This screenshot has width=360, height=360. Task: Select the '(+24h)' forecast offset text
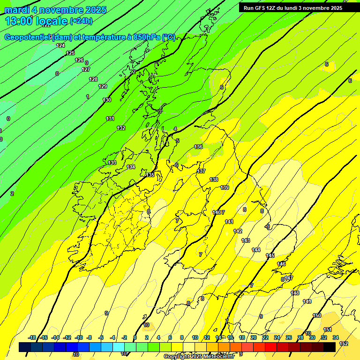coord(81,21)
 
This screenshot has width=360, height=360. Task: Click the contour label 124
coord(60,45)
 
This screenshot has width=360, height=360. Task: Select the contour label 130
coord(107,100)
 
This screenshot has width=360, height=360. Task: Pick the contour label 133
coord(112,163)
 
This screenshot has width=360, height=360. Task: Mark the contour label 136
coord(198,147)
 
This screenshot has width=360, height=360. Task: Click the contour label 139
coord(225,187)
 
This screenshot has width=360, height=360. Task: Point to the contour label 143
coord(246,240)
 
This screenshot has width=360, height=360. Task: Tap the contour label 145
coord(270,255)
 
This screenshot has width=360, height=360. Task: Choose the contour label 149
coord(307,301)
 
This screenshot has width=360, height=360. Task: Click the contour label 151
coord(328,330)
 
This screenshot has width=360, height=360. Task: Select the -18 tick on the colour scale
coord(32,337)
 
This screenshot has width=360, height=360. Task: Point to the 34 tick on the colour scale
coord(336,337)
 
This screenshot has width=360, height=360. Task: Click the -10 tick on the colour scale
coord(79,337)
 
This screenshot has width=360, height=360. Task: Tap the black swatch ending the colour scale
coord(329,347)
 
